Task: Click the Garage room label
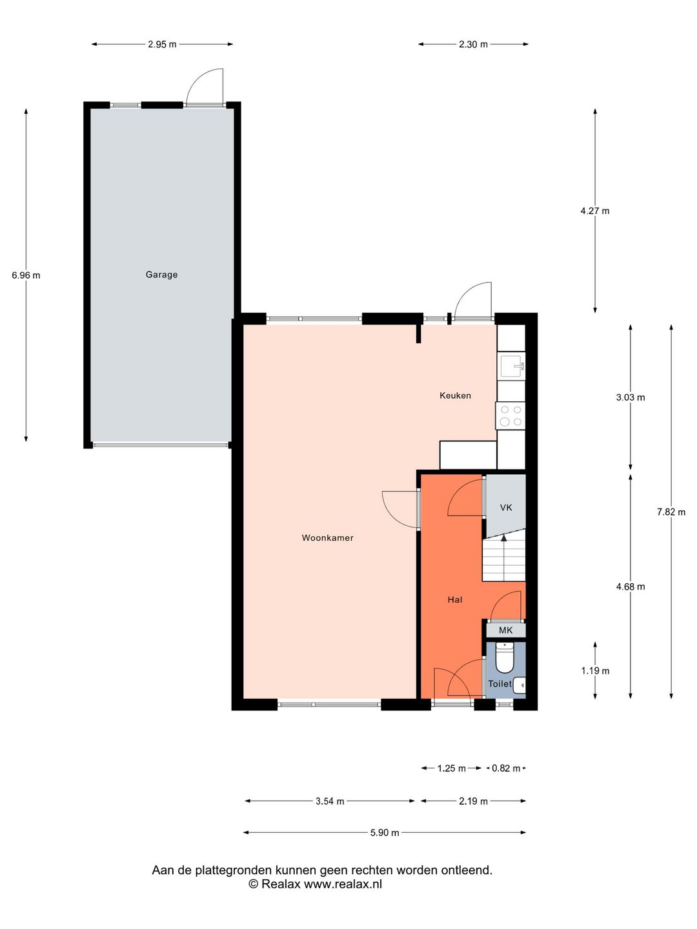161,275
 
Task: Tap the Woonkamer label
327,537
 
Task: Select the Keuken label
455,395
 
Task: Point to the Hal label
455,599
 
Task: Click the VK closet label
506,507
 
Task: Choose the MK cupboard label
506,630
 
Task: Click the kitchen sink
512,366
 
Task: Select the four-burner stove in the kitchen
510,415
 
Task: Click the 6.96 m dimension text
26,275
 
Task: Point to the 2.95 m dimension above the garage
162,44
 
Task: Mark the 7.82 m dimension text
671,512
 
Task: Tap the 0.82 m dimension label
506,768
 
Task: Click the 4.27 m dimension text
594,211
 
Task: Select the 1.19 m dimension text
595,671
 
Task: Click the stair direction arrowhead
503,537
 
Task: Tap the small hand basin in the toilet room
520,684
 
